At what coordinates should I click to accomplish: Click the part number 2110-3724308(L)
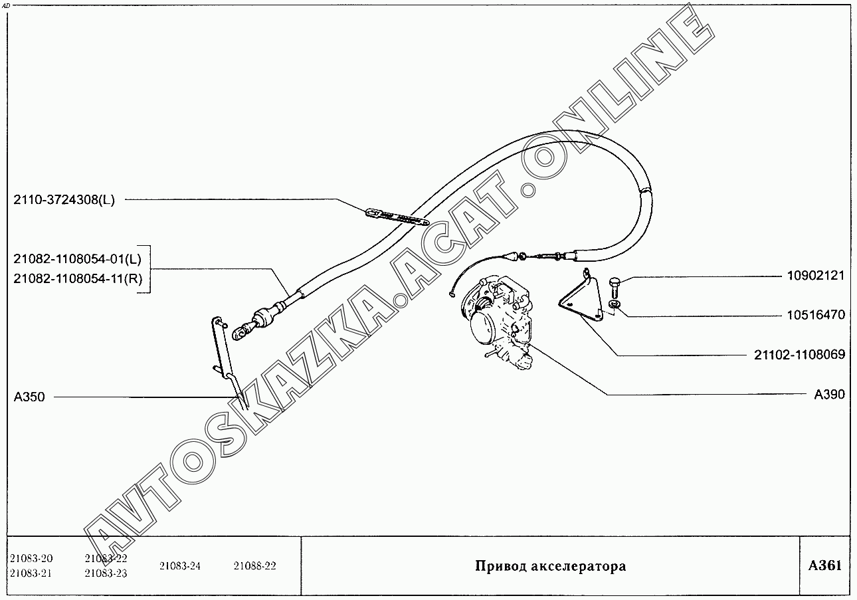[x=64, y=200]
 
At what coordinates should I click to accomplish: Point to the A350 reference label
[x=29, y=397]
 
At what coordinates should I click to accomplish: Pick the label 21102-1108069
[x=799, y=355]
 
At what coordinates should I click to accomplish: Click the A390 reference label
[x=830, y=395]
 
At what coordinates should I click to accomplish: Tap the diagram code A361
[x=825, y=566]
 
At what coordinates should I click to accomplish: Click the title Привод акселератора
[x=550, y=567]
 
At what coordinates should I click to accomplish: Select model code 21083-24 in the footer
[x=180, y=566]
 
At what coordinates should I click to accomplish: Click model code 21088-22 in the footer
[x=254, y=566]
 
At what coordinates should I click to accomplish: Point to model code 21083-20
[x=31, y=558]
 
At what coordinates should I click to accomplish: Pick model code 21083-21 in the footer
[x=31, y=573]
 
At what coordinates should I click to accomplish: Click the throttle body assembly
[x=502, y=318]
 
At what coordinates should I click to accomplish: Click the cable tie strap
[x=398, y=217]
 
